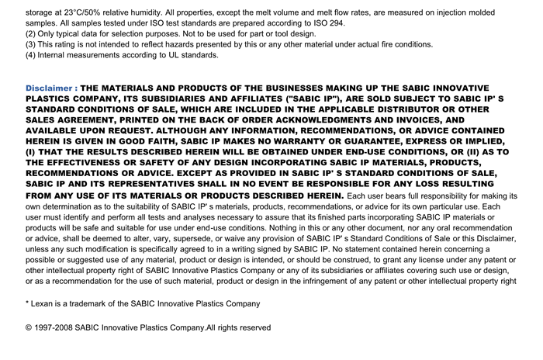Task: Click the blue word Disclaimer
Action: [49, 88]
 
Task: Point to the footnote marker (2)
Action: [31, 34]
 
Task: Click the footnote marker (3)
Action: [31, 45]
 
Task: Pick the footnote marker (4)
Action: [31, 56]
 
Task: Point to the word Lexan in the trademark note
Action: [44, 303]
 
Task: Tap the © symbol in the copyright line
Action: [29, 328]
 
